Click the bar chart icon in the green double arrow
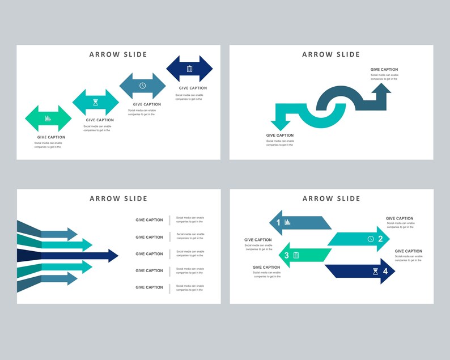pos(48,118)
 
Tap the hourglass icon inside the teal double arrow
pos(96,103)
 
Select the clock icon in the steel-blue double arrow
pos(143,86)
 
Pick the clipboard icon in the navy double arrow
pos(189,69)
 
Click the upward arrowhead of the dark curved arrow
pos(381,89)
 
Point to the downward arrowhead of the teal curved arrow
pos(281,125)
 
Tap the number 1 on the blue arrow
pos(278,222)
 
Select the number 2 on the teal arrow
pos(380,239)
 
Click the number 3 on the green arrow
pos(286,255)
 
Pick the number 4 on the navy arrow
pos(385,272)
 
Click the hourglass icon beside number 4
pos(375,272)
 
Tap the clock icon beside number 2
pos(371,239)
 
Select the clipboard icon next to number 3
pos(296,255)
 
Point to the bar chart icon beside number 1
pos(287,222)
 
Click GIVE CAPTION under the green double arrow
pos(52,137)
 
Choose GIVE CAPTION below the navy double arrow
pos(193,88)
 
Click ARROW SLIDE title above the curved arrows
pos(331,54)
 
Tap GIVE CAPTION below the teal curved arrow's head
pos(280,135)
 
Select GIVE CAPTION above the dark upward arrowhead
pos(385,70)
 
